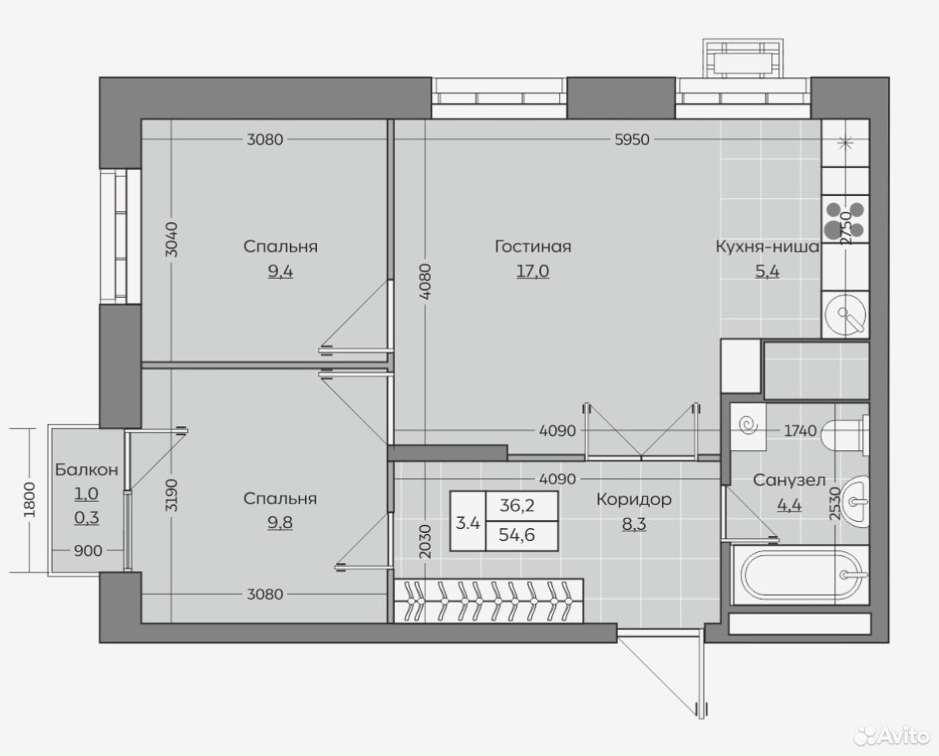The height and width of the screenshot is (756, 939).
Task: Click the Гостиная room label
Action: click(x=533, y=246)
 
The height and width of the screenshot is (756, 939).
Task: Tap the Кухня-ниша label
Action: click(x=767, y=246)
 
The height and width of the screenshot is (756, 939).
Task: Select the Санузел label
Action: click(x=789, y=480)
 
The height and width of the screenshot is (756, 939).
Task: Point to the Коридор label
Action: click(x=634, y=499)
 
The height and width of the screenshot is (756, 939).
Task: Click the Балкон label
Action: click(x=86, y=470)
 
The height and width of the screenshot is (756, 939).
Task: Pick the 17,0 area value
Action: click(x=533, y=272)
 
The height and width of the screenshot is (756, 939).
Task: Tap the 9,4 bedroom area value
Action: click(x=280, y=272)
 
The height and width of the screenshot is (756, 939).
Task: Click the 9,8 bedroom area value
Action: click(x=280, y=523)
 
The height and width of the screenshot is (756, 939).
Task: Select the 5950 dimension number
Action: click(x=632, y=139)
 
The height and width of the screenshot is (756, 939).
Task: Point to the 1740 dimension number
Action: click(x=800, y=430)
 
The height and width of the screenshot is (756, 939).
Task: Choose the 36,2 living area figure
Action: click(x=517, y=506)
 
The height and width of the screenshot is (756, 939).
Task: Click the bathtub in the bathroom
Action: click(x=800, y=575)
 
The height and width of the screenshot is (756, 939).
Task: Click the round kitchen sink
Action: click(x=845, y=313)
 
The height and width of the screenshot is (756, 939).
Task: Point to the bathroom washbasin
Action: click(x=855, y=501)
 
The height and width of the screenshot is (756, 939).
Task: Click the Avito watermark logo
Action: click(x=892, y=735)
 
